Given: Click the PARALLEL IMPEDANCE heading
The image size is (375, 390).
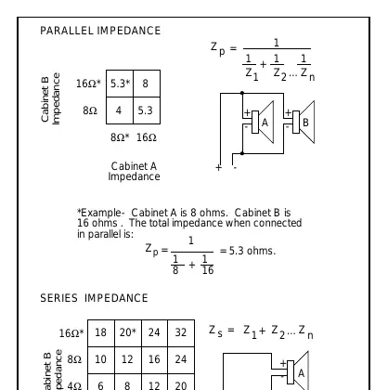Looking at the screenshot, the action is (x=100, y=31).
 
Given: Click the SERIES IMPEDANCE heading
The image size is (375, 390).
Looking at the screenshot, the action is (x=94, y=298).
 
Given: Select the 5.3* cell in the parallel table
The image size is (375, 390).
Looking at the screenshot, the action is (x=120, y=84).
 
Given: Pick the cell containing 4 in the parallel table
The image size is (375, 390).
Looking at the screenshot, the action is (x=120, y=110).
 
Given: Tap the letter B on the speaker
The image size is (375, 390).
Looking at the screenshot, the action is (x=305, y=123).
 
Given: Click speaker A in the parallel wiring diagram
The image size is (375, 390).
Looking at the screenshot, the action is (x=263, y=123).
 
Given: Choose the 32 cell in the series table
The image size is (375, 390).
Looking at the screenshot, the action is (x=181, y=332).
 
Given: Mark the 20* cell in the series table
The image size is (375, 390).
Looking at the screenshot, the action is (x=128, y=332).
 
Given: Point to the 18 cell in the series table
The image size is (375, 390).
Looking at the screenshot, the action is (x=101, y=332).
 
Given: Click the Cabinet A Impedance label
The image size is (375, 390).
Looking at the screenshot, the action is (x=134, y=171).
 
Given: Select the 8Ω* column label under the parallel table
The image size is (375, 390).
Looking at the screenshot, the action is (x=120, y=137).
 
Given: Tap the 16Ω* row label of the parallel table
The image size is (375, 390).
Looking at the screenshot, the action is (x=88, y=84).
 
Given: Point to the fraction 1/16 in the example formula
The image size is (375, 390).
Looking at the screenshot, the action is (x=207, y=265).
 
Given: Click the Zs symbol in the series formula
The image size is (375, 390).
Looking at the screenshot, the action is (x=215, y=331).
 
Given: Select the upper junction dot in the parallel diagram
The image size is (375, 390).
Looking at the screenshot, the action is (x=242, y=93).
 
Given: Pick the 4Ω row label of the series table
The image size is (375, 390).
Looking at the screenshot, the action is (x=74, y=385).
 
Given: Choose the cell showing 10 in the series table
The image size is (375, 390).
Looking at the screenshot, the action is (x=101, y=359).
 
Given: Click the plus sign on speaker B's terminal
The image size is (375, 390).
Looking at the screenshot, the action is (x=288, y=112).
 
